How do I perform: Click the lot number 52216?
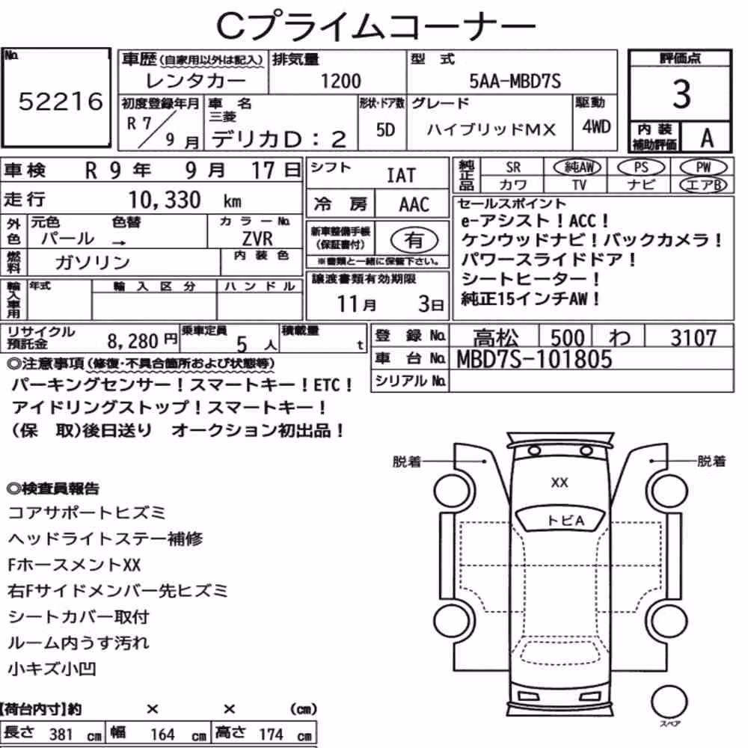[61, 101]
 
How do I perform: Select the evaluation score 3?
[681, 94]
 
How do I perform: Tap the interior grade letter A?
[707, 138]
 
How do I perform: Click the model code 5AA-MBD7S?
[515, 81]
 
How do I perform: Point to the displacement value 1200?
[340, 81]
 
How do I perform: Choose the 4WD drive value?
[596, 127]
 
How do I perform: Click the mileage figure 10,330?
[164, 200]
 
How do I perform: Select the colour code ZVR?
[257, 239]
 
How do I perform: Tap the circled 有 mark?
[414, 240]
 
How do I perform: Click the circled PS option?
[641, 168]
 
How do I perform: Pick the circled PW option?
[703, 168]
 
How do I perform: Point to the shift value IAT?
[401, 176]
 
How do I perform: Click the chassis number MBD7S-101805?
[534, 359]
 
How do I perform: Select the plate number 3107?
[693, 338]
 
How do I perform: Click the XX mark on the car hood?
[560, 482]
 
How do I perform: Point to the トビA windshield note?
[565, 521]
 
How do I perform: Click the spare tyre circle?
[669, 702]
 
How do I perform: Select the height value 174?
[271, 735]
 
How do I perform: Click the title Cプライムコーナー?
[376, 25]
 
